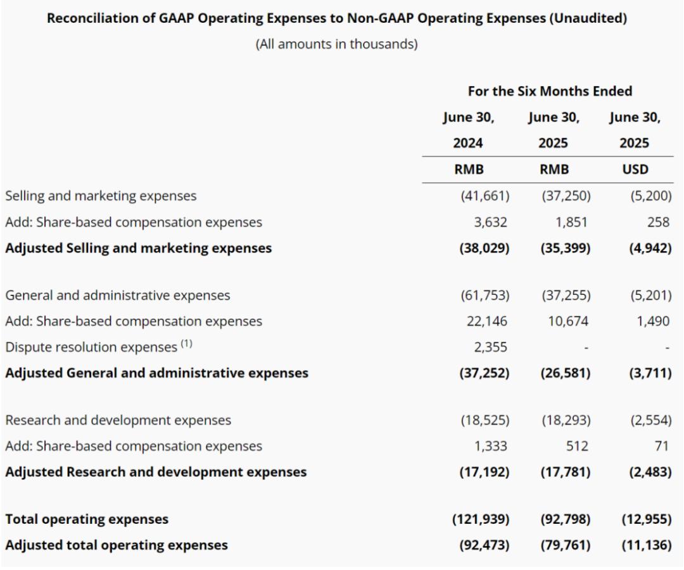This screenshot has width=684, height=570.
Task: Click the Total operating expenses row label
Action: (87, 519)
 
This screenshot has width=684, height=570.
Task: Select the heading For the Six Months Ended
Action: (550, 91)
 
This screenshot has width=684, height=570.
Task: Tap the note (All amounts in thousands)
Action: (336, 46)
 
